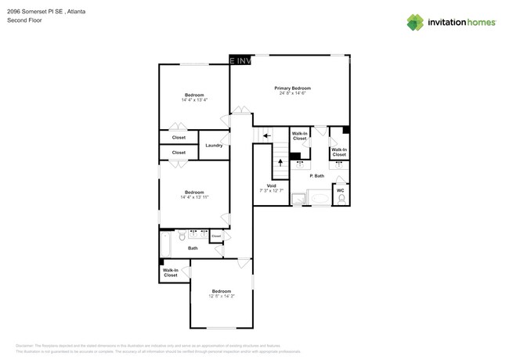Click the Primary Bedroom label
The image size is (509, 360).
point(292,88)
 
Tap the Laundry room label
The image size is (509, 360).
point(214,146)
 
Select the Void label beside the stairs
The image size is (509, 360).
point(270,185)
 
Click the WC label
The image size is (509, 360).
point(340,189)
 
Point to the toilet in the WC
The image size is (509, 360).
point(341,199)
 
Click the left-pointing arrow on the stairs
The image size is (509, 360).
point(268,135)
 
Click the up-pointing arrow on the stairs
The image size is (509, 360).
point(280,162)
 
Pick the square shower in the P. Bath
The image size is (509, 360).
point(298,200)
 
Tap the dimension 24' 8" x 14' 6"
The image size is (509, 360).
point(292,94)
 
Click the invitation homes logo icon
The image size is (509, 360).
point(414,22)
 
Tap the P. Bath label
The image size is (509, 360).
point(317,176)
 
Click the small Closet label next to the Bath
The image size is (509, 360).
point(216,236)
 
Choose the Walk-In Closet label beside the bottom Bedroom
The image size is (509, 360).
point(171,273)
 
